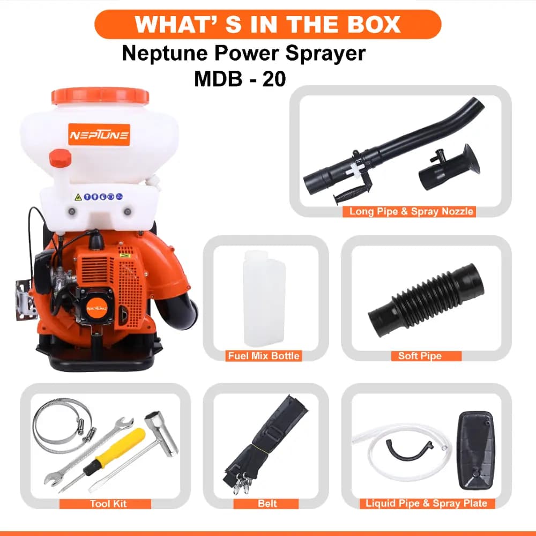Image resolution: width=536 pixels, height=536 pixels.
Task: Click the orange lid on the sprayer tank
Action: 100,96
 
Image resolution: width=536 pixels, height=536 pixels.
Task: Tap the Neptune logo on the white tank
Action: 99,135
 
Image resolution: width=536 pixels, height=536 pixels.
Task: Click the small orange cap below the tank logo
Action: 60,158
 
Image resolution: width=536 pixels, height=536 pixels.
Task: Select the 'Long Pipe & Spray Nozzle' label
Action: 411,211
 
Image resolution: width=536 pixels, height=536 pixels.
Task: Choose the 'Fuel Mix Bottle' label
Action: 264,355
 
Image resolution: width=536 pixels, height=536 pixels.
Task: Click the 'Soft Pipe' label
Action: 420,355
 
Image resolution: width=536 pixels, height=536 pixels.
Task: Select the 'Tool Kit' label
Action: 108,504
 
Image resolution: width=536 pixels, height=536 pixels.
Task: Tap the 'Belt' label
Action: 267,504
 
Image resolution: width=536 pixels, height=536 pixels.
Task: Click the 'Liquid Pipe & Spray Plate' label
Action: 426,503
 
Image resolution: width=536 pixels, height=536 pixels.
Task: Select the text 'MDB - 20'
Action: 240,79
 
